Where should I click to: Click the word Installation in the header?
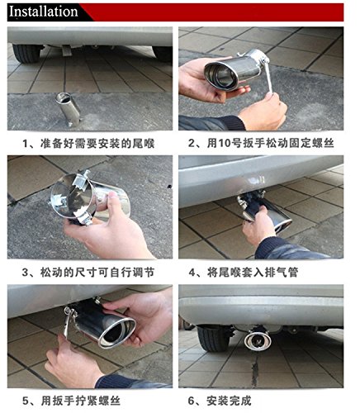pos(44,12)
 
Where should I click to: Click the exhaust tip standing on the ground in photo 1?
pos(68,110)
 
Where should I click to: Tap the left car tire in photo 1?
pos(26,54)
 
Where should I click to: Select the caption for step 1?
pos(88,144)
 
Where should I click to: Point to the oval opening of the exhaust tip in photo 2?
pos(221,74)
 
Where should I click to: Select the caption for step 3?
pos(88,273)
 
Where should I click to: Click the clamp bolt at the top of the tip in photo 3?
pos(84,175)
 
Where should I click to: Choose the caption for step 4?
pos(244,273)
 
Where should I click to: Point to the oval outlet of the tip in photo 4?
pos(283,225)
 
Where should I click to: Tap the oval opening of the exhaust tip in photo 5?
pos(117,332)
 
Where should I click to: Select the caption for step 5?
pos(71,401)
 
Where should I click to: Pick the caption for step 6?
pos(220,401)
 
